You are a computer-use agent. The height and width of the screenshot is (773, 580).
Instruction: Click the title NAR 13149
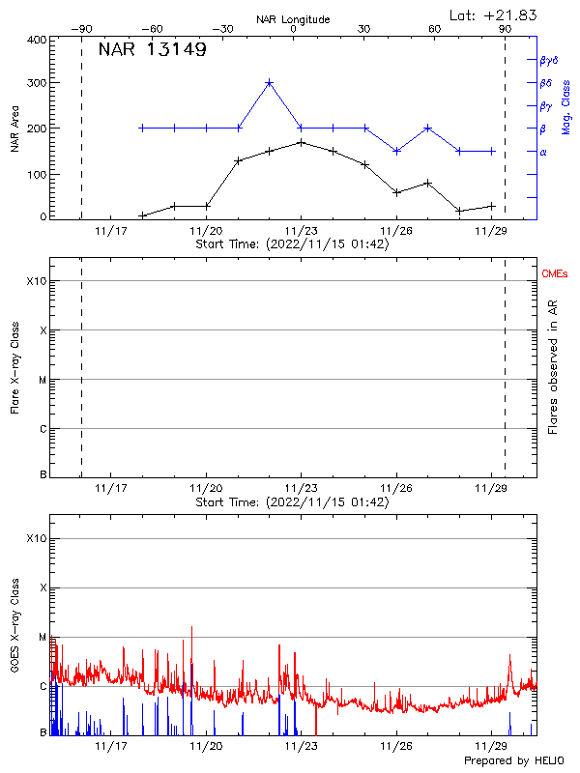152,50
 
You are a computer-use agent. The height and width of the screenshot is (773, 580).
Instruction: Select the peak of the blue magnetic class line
270,83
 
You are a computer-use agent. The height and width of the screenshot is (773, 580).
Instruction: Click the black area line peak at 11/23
302,142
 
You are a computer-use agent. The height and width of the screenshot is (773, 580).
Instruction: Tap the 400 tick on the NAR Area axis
38,40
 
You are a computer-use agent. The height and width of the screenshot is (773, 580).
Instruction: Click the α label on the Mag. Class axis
543,152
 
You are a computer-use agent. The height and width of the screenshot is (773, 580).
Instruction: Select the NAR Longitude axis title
293,18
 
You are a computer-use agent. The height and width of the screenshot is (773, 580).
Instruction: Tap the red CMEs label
555,275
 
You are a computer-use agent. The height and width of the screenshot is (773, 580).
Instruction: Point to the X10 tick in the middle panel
36,281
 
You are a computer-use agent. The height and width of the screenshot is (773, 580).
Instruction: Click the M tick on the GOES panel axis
42,637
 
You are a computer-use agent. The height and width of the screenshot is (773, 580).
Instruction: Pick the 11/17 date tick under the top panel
111,230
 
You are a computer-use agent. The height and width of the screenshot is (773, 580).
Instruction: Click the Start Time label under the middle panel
292,502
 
